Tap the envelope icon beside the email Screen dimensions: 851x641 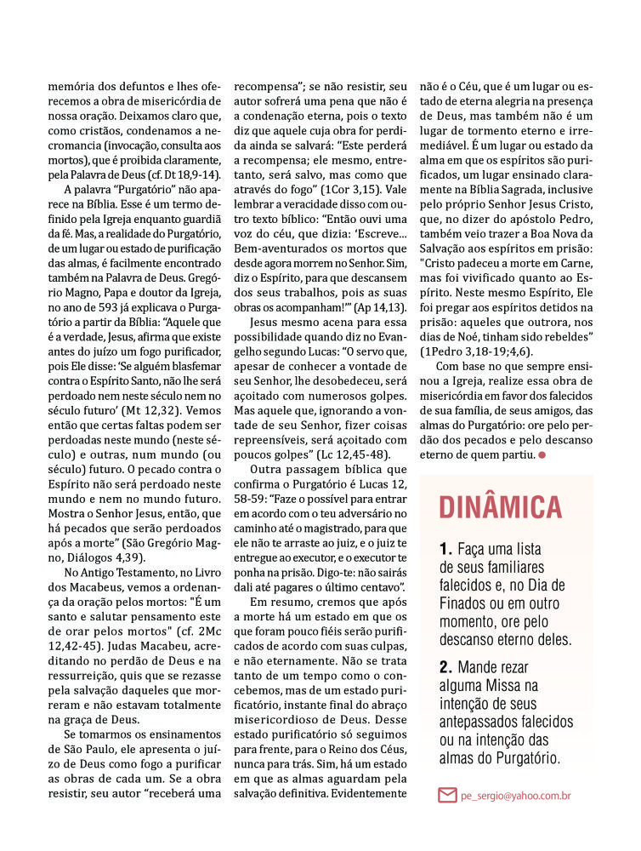click(447, 796)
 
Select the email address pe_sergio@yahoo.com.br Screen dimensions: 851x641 click(514, 796)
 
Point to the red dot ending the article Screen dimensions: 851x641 click(542, 455)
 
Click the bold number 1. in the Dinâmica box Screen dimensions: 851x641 click(446, 549)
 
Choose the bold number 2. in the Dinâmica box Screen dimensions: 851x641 click(446, 666)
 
